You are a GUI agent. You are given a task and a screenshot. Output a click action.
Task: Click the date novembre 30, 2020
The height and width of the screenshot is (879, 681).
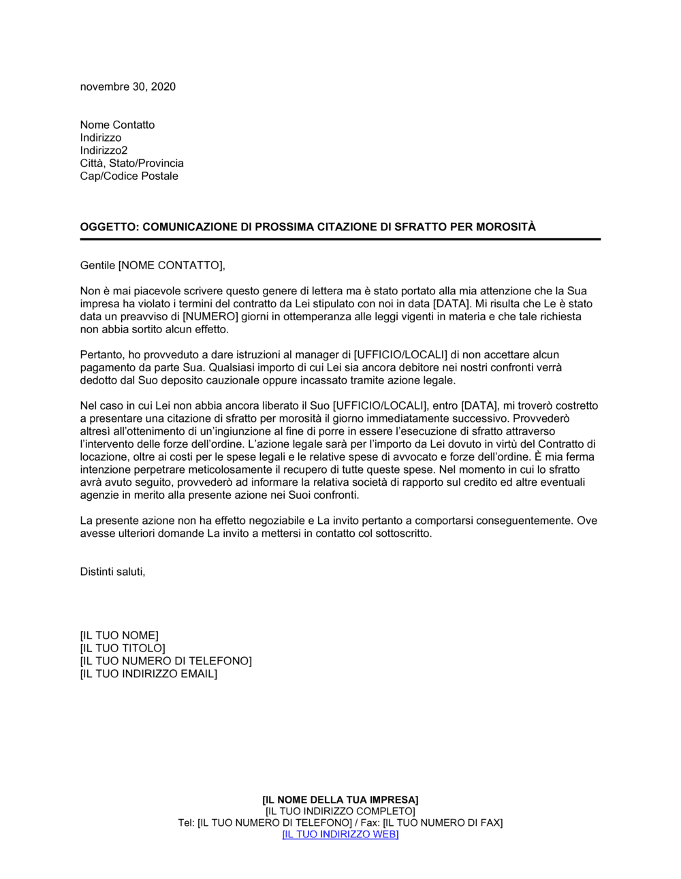coord(127,87)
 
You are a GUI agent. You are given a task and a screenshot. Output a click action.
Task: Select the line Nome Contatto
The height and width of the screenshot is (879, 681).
coord(117,125)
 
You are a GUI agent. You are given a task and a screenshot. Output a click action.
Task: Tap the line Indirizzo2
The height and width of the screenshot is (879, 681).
coord(104,151)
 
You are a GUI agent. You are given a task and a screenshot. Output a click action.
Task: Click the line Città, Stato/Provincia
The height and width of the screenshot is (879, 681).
coord(131,164)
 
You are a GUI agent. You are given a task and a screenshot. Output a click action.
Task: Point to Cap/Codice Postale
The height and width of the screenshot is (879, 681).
coord(129,176)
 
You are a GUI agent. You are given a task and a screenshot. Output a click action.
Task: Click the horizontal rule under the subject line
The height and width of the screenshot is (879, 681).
coord(340,239)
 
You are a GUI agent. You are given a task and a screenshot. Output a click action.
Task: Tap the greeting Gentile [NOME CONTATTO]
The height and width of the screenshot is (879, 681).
coord(152,265)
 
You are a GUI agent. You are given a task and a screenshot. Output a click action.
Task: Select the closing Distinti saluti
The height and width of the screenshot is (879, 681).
coord(112,572)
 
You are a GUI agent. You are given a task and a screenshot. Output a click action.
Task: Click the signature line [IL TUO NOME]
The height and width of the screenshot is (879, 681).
coord(119,636)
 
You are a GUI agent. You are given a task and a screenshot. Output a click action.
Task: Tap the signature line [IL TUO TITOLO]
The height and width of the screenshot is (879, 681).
coord(123,649)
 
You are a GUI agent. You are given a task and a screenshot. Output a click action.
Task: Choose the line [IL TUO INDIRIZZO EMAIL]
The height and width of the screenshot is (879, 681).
coord(148,675)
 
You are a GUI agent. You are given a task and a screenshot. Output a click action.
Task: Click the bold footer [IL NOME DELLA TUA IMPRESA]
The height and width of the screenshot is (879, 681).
coord(340,800)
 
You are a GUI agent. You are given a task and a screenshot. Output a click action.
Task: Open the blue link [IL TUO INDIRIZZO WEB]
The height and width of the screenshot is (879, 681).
coord(340,835)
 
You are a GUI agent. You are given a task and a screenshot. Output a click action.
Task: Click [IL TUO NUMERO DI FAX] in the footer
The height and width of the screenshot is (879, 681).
coord(443,823)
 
